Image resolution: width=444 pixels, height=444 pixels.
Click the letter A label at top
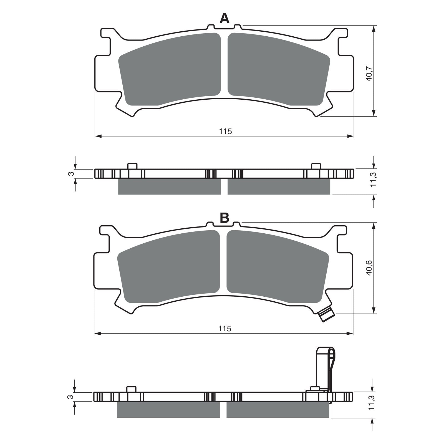click(x=224, y=19)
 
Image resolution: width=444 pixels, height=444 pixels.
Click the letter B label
click(x=224, y=218)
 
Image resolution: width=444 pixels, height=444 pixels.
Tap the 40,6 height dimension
click(x=369, y=268)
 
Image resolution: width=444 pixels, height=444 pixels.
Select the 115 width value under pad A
click(x=225, y=131)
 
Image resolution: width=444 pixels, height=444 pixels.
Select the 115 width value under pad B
click(x=224, y=329)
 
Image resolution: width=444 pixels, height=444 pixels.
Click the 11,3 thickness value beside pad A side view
click(x=373, y=179)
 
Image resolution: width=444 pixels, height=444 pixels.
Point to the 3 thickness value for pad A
click(x=71, y=173)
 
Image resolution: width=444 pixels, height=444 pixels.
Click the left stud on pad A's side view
click(x=132, y=166)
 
